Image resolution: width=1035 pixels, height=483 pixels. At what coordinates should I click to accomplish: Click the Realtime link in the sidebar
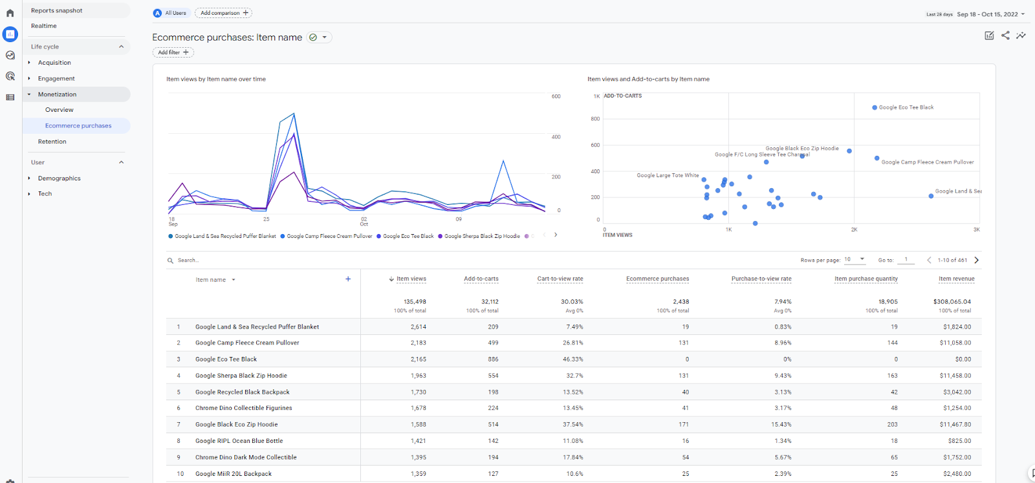click(x=44, y=26)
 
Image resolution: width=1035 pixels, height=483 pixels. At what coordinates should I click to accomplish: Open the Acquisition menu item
click(x=54, y=63)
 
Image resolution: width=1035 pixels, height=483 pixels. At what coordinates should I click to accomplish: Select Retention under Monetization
click(x=52, y=142)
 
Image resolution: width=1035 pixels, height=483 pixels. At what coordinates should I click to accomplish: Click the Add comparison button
click(x=224, y=13)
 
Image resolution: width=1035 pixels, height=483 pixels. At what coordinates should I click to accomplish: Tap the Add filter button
click(x=173, y=52)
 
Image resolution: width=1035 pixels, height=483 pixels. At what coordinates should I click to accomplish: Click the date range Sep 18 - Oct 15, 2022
click(x=987, y=14)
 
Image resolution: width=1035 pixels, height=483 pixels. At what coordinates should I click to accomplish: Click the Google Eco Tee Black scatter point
click(x=875, y=108)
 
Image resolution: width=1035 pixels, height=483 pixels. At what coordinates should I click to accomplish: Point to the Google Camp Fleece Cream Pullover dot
click(x=877, y=158)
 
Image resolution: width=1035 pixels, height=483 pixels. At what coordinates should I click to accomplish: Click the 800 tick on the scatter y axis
click(x=594, y=119)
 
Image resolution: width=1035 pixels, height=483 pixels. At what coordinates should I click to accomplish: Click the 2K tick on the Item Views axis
click(x=854, y=230)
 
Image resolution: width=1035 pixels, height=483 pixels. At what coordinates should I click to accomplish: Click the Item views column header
click(x=411, y=279)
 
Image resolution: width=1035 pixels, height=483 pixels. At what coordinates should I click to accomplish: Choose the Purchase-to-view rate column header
click(x=761, y=279)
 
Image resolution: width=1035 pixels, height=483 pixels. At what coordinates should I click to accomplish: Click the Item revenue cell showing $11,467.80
click(x=955, y=425)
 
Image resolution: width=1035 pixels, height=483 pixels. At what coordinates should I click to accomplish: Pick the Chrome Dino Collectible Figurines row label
click(x=243, y=408)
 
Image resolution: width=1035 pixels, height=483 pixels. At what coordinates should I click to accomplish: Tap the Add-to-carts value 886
click(x=493, y=360)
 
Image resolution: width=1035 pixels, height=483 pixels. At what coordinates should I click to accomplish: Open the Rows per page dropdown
click(x=855, y=259)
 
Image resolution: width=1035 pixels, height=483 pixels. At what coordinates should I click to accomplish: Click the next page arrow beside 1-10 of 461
click(x=976, y=260)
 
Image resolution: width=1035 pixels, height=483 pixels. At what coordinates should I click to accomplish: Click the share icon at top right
click(x=1005, y=36)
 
